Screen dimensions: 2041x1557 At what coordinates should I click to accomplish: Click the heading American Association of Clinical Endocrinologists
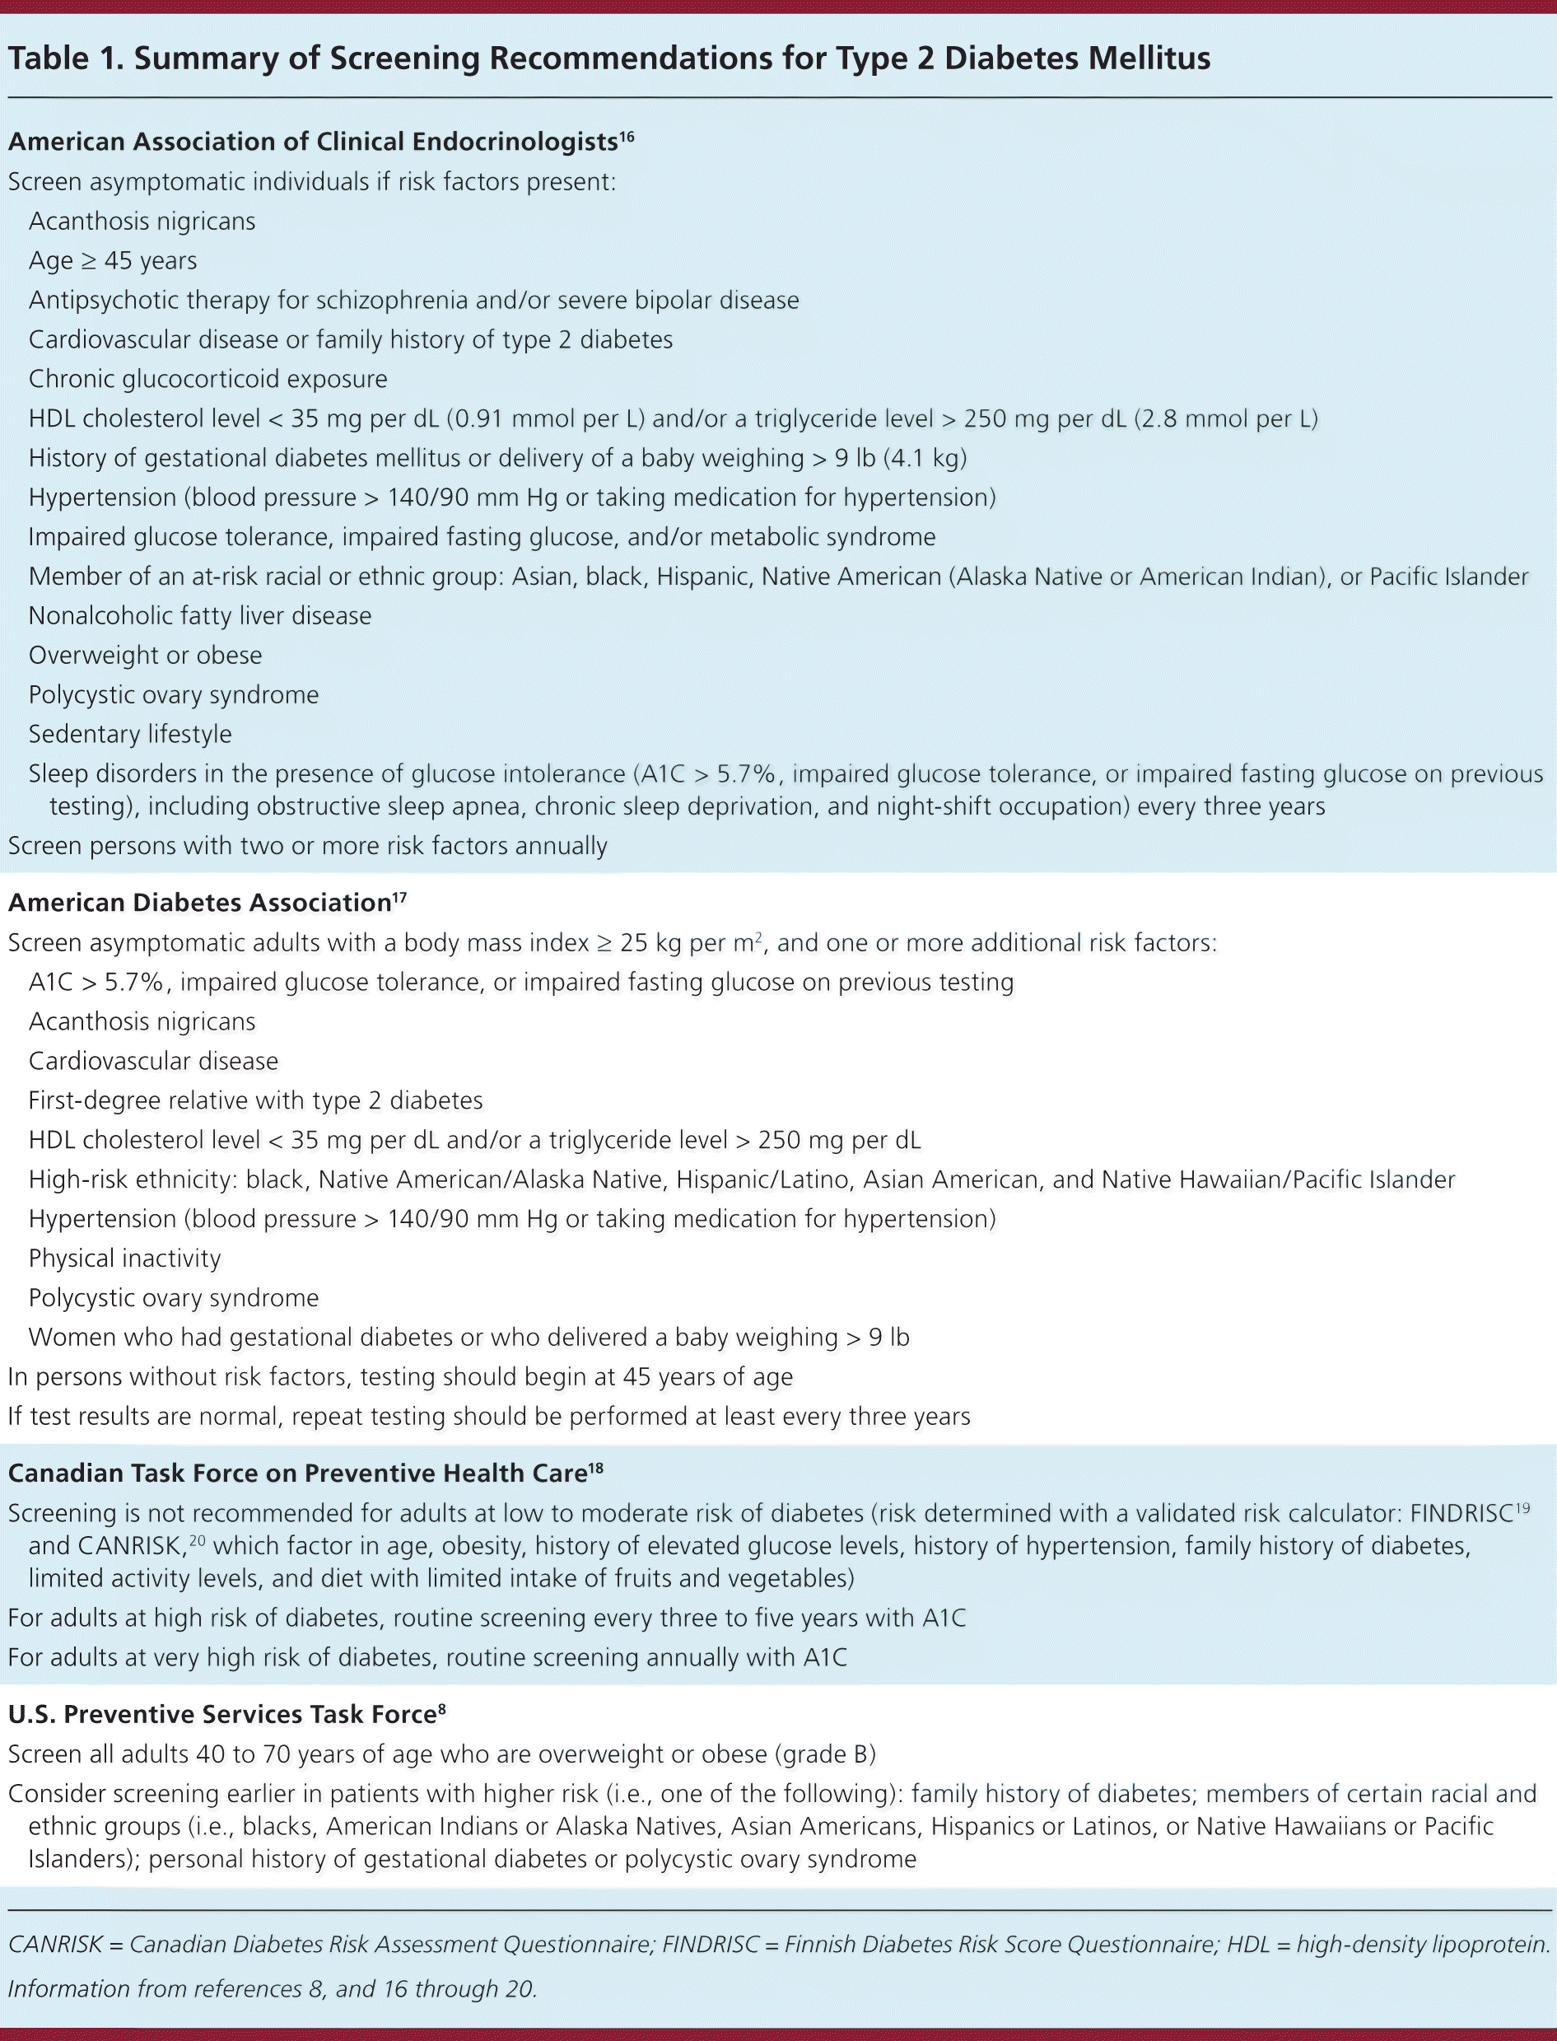[312, 142]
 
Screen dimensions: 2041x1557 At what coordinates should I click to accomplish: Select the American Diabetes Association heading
[199, 903]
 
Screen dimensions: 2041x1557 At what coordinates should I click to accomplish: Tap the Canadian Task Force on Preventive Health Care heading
[297, 1474]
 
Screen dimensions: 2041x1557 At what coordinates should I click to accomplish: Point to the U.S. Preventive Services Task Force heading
[221, 1715]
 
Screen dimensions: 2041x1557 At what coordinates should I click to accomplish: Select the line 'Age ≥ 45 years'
[113, 260]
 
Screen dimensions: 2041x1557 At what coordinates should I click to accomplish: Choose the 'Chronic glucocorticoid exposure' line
[207, 379]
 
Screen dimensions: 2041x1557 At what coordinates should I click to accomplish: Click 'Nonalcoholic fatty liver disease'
[200, 615]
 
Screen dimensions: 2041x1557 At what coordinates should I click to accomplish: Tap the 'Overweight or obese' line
[146, 656]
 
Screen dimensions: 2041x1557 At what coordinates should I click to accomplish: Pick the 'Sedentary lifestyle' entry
[131, 734]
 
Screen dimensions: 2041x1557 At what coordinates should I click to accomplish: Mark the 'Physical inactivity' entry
[125, 1258]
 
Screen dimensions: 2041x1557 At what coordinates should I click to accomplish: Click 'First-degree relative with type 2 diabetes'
[256, 1100]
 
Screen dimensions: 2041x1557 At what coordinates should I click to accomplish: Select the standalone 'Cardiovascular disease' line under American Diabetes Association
[153, 1062]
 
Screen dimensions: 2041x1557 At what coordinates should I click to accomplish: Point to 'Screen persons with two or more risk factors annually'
[308, 846]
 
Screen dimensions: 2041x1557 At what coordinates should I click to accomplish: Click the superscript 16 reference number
[627, 136]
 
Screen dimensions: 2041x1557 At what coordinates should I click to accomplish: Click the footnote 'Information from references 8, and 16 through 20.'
[273, 1988]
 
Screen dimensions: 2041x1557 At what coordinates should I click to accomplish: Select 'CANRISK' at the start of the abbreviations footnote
[56, 1945]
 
